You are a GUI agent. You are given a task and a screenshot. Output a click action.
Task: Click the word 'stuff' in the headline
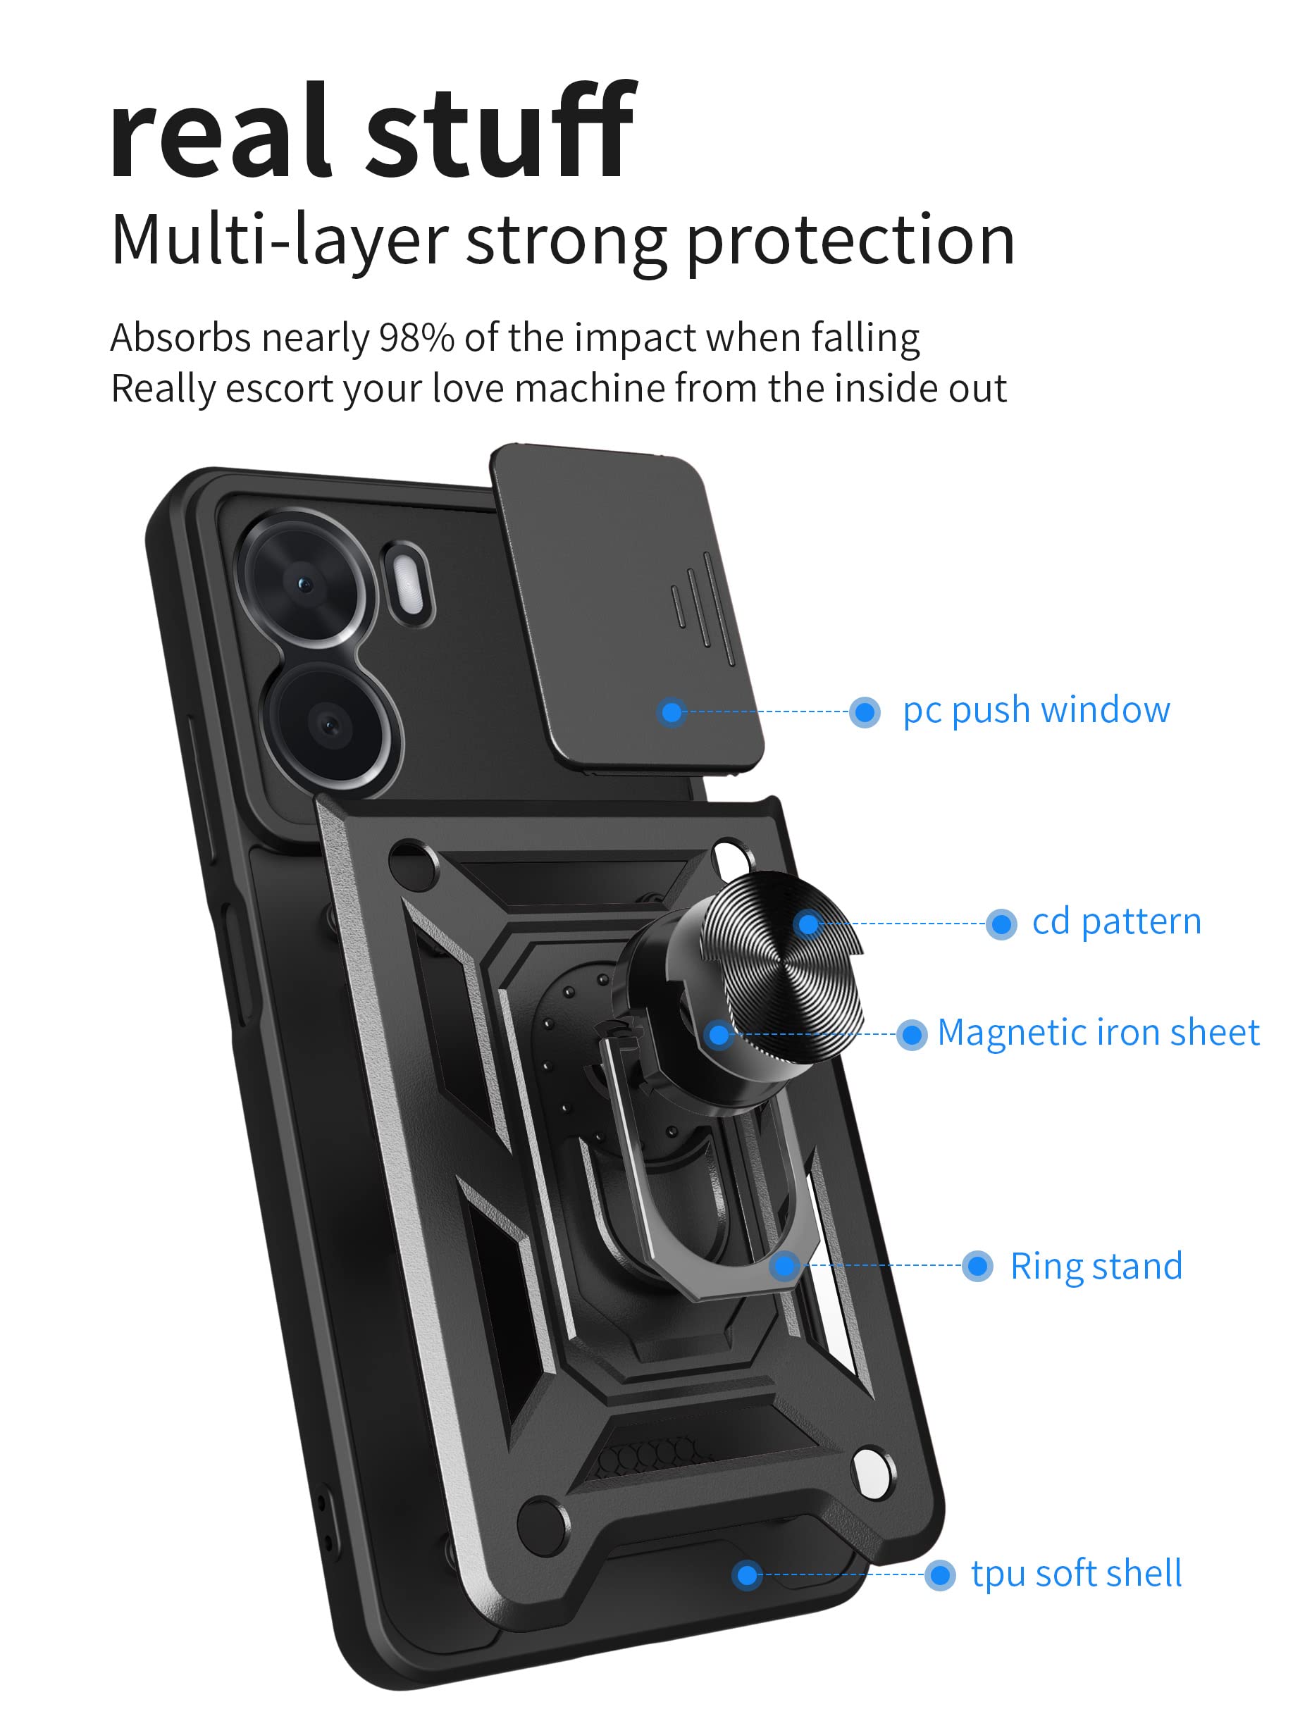pos(500,132)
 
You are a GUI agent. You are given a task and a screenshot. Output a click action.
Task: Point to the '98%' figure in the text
pos(416,338)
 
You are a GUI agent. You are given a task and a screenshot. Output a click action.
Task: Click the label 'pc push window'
pos(1036,711)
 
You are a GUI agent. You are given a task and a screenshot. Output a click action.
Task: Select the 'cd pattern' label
pos(1116,922)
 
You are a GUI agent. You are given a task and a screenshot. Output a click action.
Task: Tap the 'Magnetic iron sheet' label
pos(1097,1033)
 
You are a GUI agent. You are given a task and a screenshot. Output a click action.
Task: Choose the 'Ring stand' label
pos(1096,1267)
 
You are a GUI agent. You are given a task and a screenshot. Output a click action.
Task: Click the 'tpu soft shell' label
pos(1075,1574)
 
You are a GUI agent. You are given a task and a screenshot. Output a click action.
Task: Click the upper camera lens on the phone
pos(305,583)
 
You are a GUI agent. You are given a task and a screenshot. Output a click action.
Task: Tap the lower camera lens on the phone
pos(330,726)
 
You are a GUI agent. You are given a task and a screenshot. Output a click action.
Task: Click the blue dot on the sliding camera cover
pos(672,712)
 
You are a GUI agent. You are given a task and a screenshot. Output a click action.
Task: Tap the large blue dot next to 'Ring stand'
pos(977,1267)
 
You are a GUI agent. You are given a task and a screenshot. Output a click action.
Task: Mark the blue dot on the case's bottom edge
pos(748,1575)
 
